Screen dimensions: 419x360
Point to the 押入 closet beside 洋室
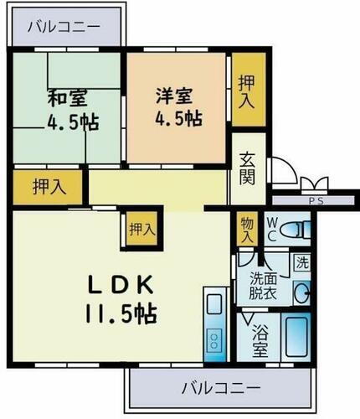(245, 88)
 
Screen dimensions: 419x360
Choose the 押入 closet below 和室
(47, 186)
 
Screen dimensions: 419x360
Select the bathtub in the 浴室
(296, 339)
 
